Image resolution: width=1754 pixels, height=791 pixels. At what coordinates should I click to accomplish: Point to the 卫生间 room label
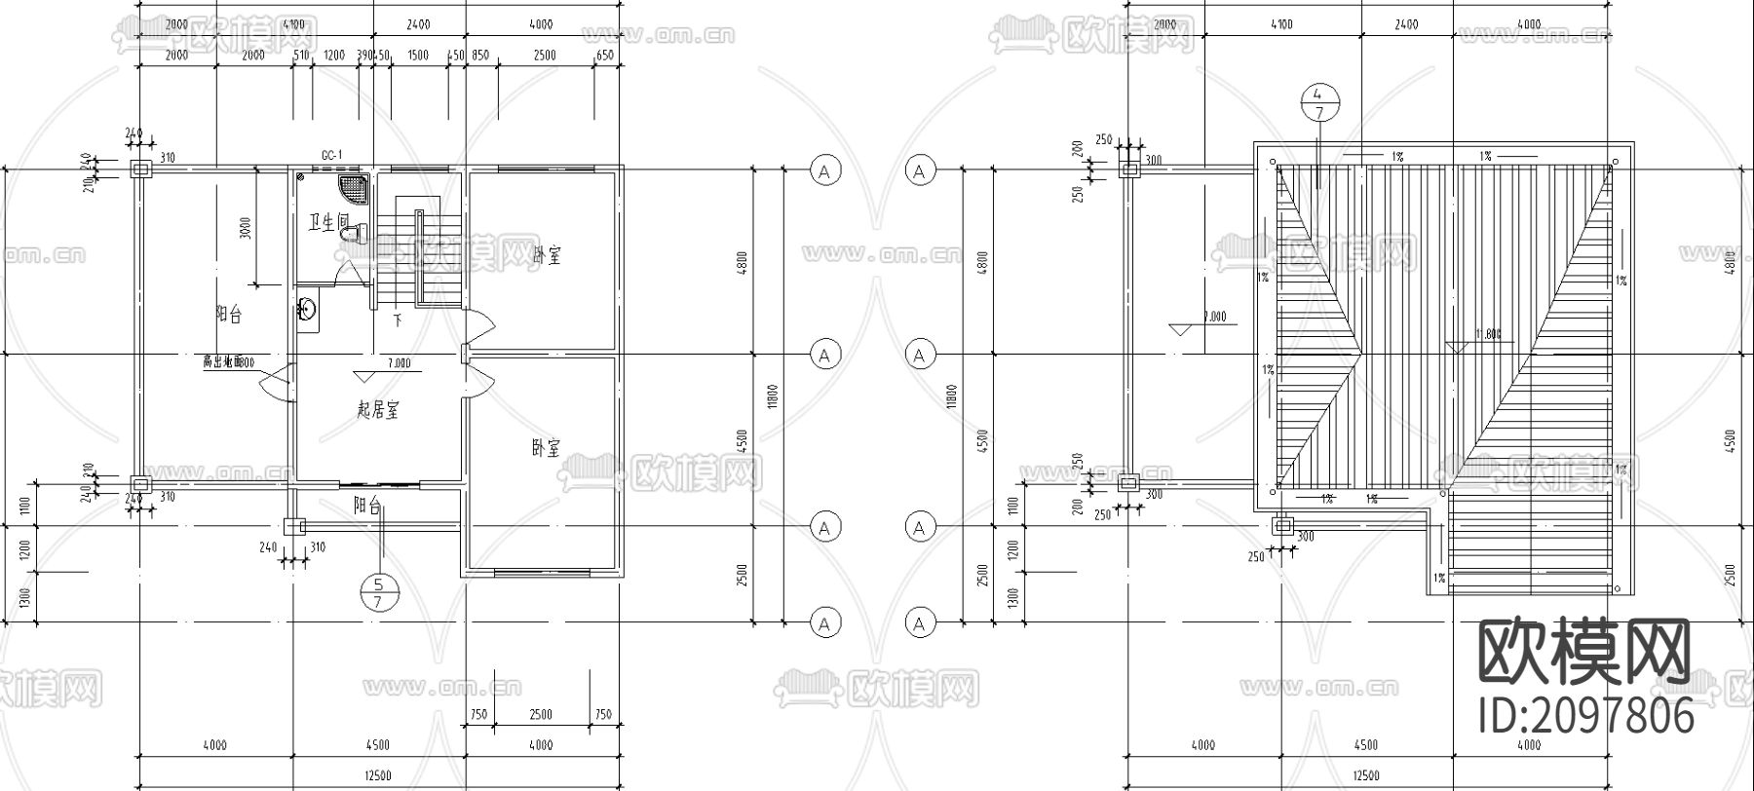327,223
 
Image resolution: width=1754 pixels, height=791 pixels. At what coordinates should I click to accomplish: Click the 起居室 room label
377,410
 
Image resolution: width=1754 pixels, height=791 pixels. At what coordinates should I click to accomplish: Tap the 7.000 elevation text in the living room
399,364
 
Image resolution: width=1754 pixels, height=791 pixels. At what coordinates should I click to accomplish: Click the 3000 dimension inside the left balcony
246,228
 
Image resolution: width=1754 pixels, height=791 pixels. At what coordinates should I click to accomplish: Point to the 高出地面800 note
228,362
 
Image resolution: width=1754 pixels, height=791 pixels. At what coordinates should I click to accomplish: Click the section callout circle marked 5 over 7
378,592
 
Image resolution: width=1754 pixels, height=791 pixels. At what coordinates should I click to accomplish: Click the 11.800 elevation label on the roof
1488,334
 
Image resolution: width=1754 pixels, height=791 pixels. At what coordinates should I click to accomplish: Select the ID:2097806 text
1586,718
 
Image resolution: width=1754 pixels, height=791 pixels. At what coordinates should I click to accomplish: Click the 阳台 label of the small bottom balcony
367,505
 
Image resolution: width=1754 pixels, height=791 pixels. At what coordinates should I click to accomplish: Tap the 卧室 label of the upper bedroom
547,255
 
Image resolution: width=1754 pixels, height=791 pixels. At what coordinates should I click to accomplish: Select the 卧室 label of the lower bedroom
546,448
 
